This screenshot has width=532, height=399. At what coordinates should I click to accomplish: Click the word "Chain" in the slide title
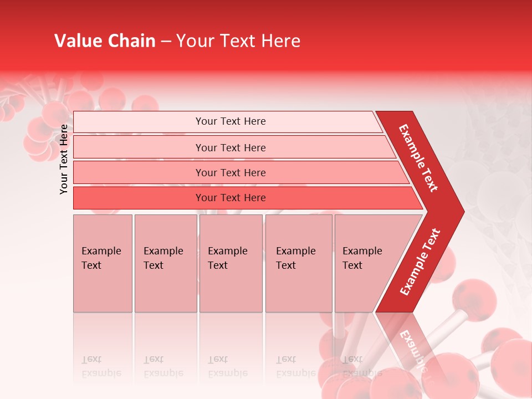[132, 41]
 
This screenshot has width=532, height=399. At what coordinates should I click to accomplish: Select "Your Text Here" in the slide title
[238, 41]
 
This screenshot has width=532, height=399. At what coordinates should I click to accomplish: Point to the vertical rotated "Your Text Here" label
[64, 159]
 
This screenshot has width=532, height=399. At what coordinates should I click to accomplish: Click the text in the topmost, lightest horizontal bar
[231, 121]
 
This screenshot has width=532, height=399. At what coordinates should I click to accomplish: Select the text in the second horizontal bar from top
[231, 148]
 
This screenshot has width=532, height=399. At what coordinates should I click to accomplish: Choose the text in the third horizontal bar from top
[231, 173]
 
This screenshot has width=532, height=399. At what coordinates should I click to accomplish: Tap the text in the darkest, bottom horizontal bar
[231, 198]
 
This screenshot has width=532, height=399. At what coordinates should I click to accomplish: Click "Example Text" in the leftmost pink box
[101, 258]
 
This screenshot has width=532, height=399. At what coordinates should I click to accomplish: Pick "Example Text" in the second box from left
[163, 258]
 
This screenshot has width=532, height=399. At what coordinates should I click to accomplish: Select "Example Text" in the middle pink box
[227, 258]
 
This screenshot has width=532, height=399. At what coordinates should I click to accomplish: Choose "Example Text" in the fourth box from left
[295, 258]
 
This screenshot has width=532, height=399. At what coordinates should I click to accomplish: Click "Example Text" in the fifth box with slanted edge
[362, 258]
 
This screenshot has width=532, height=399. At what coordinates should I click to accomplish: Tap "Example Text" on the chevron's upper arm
[418, 158]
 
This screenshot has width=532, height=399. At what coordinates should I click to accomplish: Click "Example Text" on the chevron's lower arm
[420, 262]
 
